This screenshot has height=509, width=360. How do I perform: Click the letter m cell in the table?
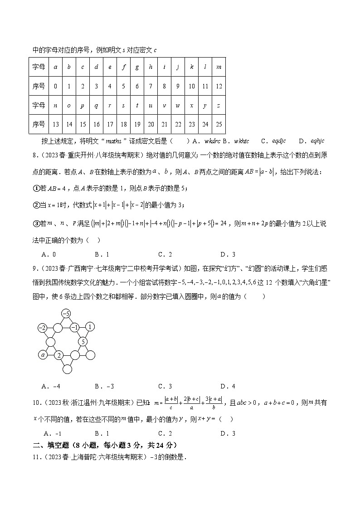[219, 67]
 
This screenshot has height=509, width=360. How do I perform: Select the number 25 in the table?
[219, 124]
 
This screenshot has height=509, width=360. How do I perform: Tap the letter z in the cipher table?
[219, 105]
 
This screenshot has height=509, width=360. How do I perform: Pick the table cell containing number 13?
[55, 124]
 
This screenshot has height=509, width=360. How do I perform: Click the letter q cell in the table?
[96, 105]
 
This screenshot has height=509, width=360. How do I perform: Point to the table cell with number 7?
[151, 86]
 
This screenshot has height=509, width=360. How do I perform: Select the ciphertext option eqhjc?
[316, 141]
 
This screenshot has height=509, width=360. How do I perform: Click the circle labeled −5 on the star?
[66, 313]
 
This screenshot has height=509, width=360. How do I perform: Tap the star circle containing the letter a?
[43, 355]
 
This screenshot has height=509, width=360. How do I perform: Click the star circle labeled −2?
[43, 327]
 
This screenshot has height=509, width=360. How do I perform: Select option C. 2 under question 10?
[165, 433]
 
